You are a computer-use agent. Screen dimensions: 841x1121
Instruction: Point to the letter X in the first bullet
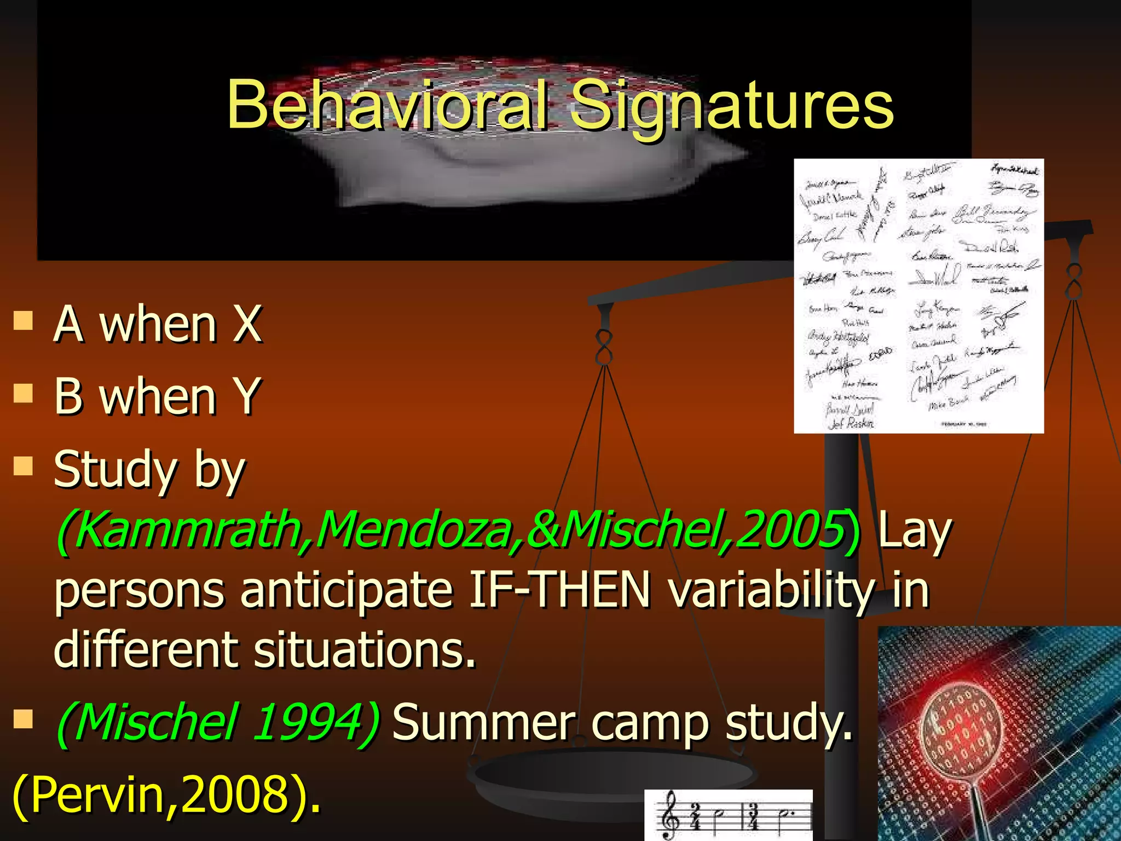tap(247, 324)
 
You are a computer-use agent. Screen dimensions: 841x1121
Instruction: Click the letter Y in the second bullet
tap(247, 396)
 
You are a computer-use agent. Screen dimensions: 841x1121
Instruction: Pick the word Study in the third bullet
tap(115, 470)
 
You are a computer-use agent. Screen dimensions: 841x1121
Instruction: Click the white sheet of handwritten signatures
tap(918, 296)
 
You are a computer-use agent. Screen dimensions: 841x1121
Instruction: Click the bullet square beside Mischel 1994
tap(23, 719)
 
